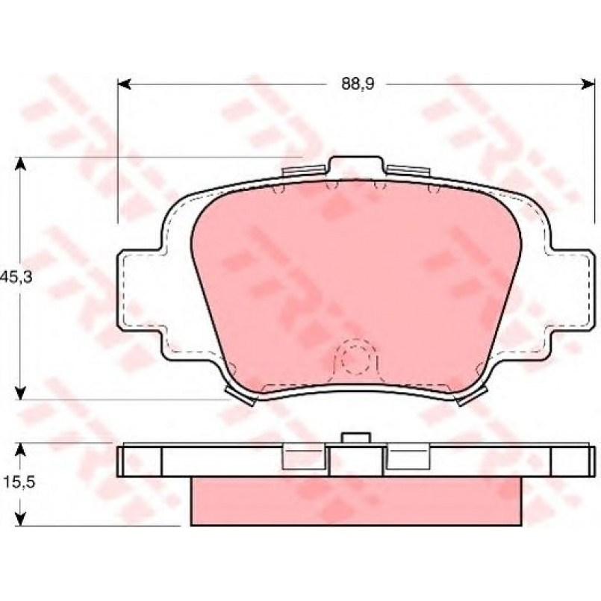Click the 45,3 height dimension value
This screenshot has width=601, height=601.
16,277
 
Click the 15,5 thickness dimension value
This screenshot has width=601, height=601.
20,482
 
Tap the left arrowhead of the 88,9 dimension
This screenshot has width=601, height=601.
123,84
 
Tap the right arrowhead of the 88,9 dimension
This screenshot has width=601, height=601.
588,84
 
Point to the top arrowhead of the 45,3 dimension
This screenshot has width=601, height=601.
21,164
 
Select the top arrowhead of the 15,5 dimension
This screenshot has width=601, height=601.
21,450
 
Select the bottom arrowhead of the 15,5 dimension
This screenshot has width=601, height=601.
21,519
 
